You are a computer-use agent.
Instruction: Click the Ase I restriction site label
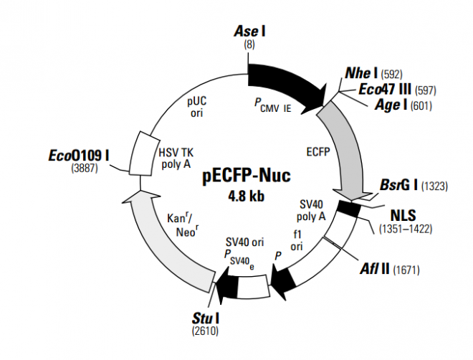(250, 32)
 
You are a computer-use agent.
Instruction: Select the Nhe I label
(361, 73)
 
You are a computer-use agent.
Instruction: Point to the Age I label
(391, 105)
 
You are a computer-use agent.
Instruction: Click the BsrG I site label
(400, 186)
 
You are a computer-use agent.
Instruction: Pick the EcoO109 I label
(79, 155)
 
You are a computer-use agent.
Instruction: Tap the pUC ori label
(196, 108)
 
